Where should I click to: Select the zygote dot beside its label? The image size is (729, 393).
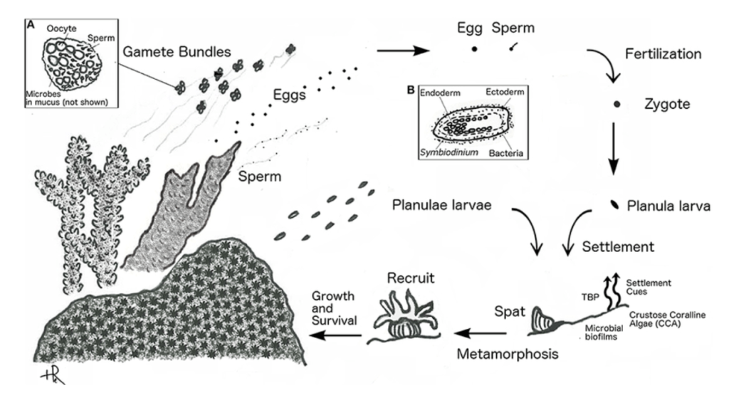[x=617, y=105]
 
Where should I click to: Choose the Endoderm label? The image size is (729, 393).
[x=441, y=93]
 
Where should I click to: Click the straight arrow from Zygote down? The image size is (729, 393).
[x=614, y=149]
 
